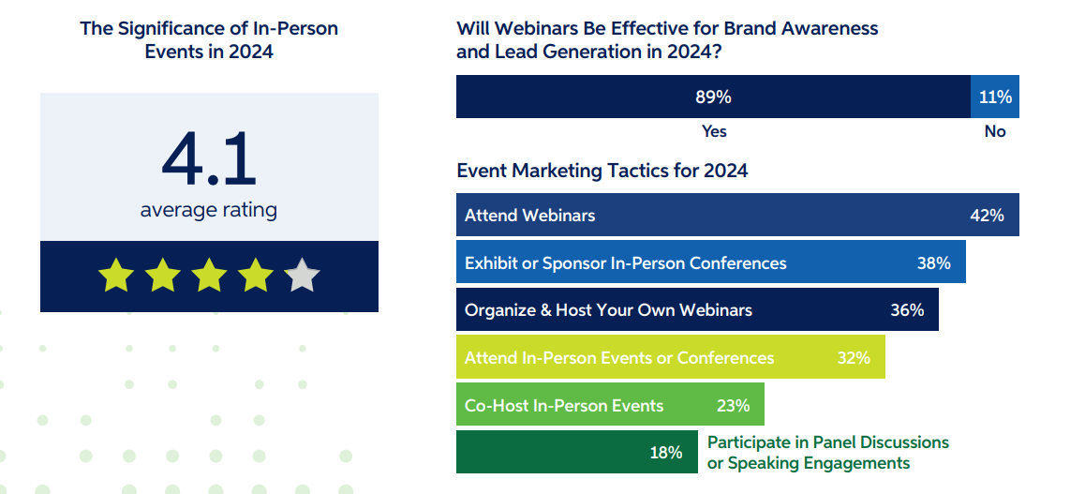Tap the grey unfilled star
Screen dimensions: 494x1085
(302, 277)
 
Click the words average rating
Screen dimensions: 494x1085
(209, 210)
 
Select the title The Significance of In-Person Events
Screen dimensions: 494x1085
(209, 39)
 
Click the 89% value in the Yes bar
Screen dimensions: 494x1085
(713, 97)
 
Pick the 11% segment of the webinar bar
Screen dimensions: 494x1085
(995, 97)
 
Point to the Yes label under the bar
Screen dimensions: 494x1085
(714, 131)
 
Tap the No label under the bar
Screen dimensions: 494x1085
(995, 131)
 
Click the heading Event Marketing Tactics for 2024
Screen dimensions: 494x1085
(602, 171)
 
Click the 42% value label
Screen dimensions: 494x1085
(987, 216)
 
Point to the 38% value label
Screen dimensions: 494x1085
(933, 263)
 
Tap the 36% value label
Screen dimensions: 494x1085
(907, 310)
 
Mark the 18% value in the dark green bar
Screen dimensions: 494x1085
(665, 453)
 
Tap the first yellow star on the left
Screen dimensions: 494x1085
(116, 277)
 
